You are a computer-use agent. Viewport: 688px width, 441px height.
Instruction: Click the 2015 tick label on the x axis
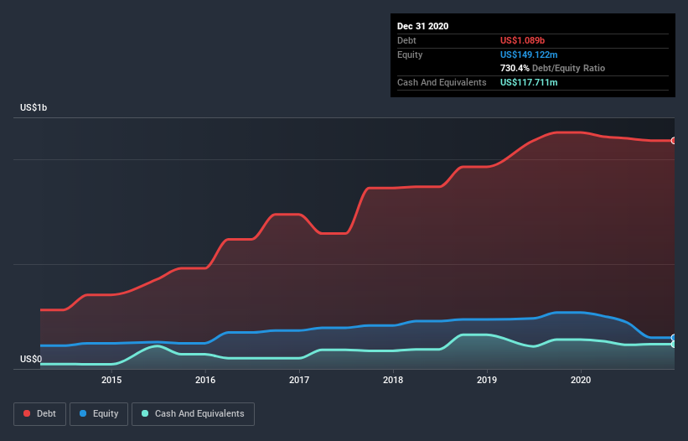click(111, 380)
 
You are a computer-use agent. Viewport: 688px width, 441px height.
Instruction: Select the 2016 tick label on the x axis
click(205, 380)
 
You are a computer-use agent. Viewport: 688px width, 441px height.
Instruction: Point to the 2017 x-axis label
click(299, 380)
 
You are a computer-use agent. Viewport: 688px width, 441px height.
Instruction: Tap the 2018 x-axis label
click(393, 380)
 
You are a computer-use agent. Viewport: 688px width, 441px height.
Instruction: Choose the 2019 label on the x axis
click(487, 380)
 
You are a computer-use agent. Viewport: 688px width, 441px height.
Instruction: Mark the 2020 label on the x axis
click(581, 380)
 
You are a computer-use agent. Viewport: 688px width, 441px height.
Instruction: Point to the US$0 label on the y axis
click(32, 360)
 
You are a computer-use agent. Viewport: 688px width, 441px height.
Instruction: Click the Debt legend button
click(39, 413)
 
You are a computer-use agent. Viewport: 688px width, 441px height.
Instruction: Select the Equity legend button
click(99, 413)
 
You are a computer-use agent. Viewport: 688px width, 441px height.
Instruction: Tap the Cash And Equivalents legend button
click(193, 413)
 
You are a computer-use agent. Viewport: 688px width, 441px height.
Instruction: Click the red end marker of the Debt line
click(674, 141)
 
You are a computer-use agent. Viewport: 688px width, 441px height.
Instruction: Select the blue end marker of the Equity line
click(674, 338)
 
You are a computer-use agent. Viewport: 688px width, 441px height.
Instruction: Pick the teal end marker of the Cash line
click(674, 344)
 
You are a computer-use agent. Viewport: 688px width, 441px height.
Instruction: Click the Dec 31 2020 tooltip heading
click(422, 26)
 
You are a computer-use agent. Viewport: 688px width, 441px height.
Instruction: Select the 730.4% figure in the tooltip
click(515, 68)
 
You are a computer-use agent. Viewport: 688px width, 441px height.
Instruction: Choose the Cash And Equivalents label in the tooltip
click(442, 82)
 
